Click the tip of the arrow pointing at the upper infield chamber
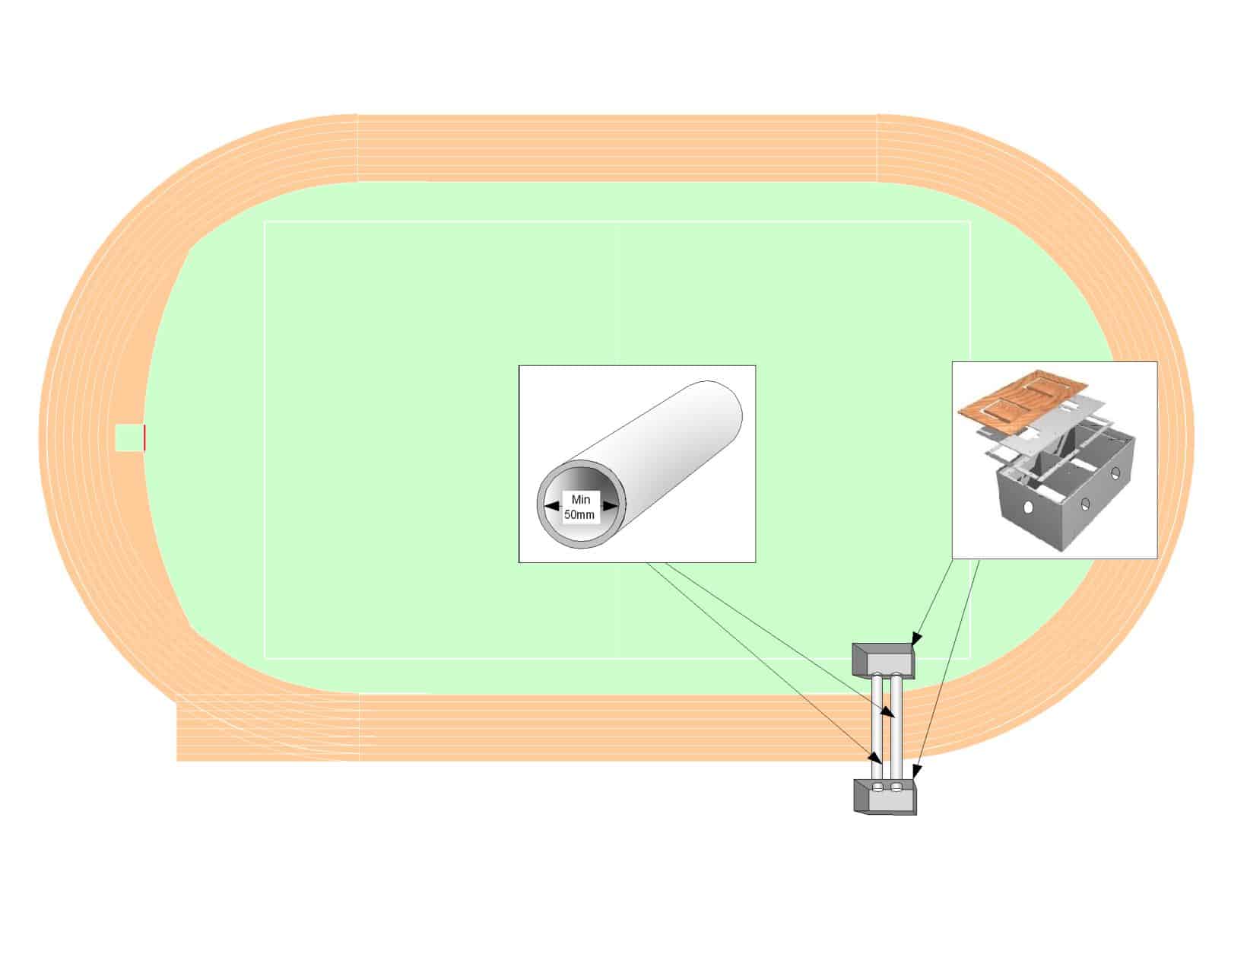pos(913,645)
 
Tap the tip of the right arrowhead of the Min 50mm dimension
pos(619,506)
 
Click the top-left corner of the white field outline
pos(265,221)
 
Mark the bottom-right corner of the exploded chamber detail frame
pos(1157,558)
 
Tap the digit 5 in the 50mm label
pos(568,515)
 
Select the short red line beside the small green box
pos(144,437)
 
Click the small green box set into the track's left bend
pos(129,437)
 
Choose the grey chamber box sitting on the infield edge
pos(884,661)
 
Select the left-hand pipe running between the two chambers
pos(877,727)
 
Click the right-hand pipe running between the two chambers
pos(895,727)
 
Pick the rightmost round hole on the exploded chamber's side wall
pos(1115,473)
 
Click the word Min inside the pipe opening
pos(581,500)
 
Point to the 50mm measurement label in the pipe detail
pos(579,515)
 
